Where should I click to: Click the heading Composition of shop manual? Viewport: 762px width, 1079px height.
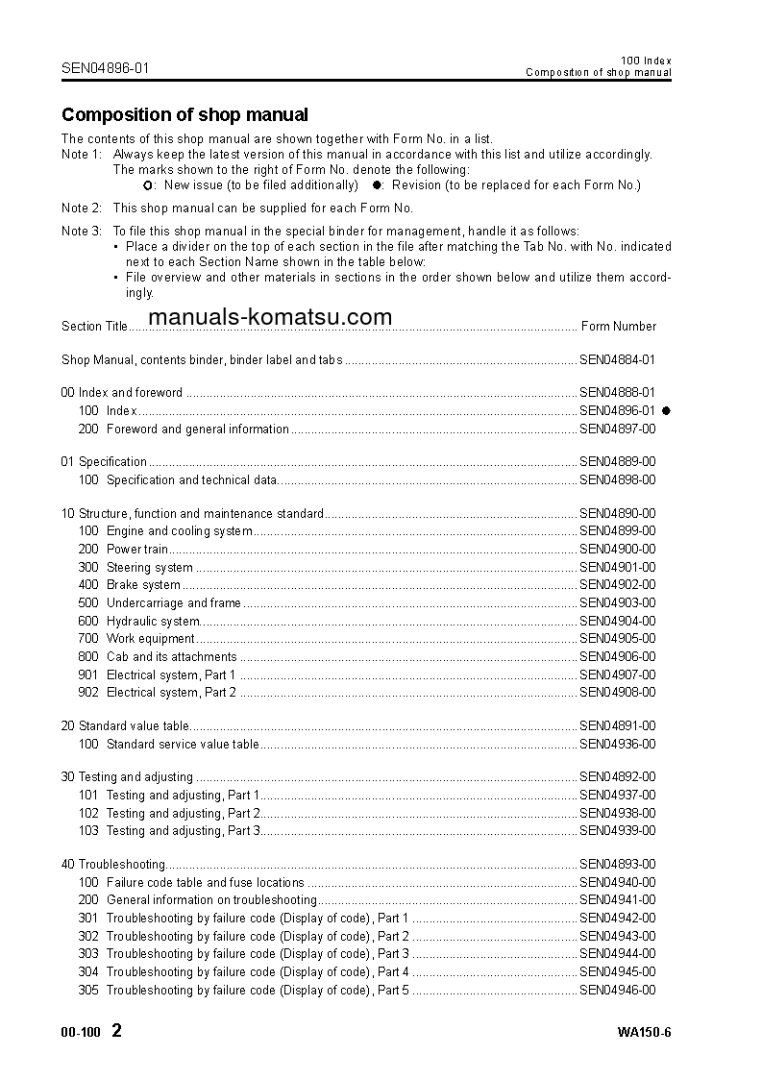click(x=184, y=115)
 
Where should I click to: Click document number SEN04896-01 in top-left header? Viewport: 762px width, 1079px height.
click(x=106, y=68)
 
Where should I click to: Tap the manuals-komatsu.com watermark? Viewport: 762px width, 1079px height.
click(x=270, y=317)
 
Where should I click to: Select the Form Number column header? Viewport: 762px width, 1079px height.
click(x=619, y=327)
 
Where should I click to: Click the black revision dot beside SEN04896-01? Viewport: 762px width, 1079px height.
click(x=666, y=411)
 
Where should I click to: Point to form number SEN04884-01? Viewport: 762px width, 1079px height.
click(x=617, y=360)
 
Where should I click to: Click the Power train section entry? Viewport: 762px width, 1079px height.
click(x=137, y=550)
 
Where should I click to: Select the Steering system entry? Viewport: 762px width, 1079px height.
click(x=149, y=568)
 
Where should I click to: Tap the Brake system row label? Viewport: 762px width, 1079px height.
click(x=143, y=585)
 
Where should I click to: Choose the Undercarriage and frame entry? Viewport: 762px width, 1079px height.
click(x=173, y=603)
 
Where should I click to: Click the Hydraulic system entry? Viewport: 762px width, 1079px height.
click(x=152, y=622)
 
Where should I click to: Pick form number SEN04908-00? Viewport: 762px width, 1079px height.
click(x=617, y=693)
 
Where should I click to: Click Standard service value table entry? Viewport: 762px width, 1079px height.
click(x=183, y=745)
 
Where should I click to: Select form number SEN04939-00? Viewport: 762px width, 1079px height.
click(x=617, y=831)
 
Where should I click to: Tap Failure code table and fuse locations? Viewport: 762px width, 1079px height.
click(x=205, y=883)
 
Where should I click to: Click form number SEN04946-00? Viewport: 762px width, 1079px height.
click(x=617, y=991)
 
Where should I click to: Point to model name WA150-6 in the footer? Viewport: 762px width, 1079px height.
click(x=644, y=1034)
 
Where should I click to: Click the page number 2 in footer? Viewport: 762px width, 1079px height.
click(x=116, y=1032)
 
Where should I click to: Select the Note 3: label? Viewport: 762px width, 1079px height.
click(x=82, y=232)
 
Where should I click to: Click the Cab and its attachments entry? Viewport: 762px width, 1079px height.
click(x=171, y=657)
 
